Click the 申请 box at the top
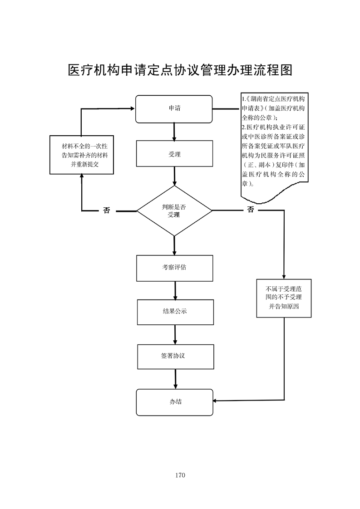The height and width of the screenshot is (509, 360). pyautogui.click(x=174, y=109)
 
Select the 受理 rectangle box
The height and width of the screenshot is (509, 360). pyautogui.click(x=174, y=154)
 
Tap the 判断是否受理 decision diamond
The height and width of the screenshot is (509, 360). pyautogui.click(x=174, y=210)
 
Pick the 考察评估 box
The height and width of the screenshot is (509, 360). pyautogui.click(x=174, y=268)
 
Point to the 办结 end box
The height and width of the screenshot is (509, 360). pyautogui.click(x=174, y=402)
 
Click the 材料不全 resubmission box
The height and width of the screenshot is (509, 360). pyautogui.click(x=81, y=155)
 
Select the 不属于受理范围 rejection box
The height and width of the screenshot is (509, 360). pyautogui.click(x=284, y=298)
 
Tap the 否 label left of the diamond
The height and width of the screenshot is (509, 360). pyautogui.click(x=107, y=210)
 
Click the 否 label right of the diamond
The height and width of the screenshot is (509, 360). pyautogui.click(x=251, y=210)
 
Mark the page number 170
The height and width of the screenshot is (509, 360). pyautogui.click(x=180, y=475)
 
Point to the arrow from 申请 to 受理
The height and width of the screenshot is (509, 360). pyautogui.click(x=174, y=132)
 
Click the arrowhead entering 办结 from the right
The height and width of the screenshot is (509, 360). pyautogui.click(x=216, y=401)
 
